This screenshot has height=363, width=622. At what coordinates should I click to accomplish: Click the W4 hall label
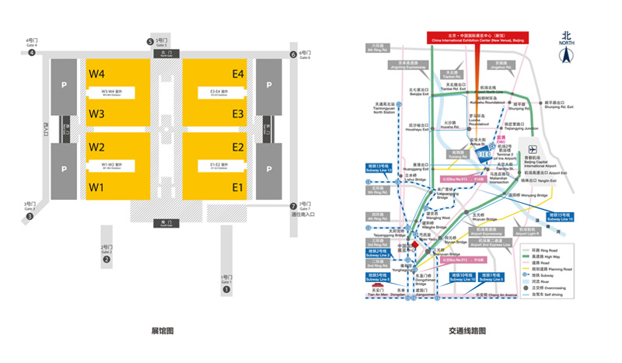96,74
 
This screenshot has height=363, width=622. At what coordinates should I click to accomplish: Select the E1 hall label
237,187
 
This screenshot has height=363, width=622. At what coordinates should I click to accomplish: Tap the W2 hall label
96,147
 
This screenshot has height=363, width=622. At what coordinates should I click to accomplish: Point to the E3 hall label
237,114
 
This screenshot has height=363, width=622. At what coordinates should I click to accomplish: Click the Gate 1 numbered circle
227,290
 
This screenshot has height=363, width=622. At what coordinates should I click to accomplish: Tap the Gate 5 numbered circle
151,42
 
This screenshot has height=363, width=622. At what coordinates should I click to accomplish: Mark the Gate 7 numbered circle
293,206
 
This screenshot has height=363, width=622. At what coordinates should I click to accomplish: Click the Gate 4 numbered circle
32,53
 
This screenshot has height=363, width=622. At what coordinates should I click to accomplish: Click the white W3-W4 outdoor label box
117,92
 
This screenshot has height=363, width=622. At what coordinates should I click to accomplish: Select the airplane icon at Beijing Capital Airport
533,149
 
